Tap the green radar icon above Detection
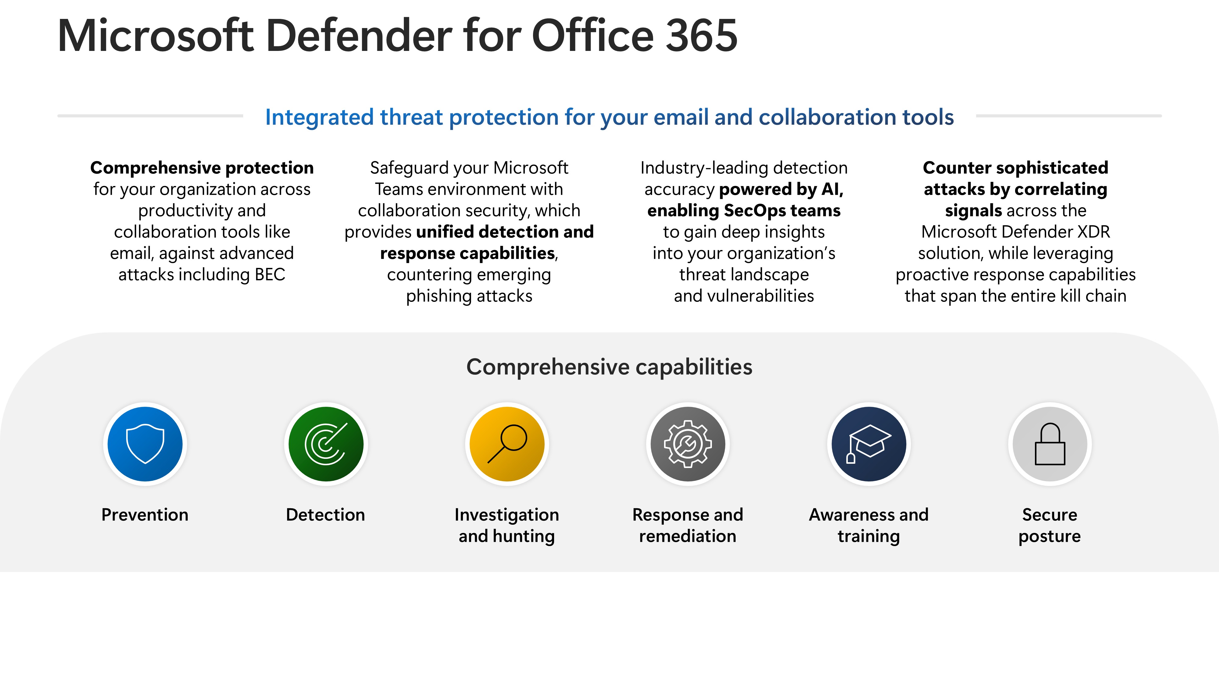[x=326, y=444]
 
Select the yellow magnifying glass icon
[x=507, y=444]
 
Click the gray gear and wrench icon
[x=688, y=444]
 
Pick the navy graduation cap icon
[x=869, y=444]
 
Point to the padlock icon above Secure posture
[x=1050, y=444]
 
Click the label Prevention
[x=145, y=515]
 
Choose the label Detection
[x=325, y=515]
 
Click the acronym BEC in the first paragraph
[x=270, y=275]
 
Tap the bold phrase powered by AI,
[x=781, y=189]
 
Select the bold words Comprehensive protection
[x=202, y=168]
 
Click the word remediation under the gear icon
[x=688, y=536]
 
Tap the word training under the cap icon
[x=869, y=536]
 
